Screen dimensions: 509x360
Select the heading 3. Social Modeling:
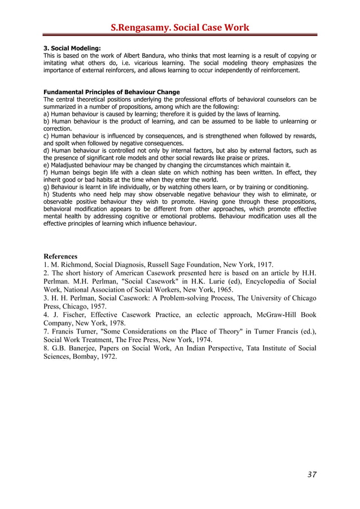point(72,49)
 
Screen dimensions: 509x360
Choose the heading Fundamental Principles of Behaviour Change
point(112,92)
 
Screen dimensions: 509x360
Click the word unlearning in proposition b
point(292,121)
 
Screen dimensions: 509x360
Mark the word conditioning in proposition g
point(291,187)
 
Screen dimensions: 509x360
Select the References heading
point(60,256)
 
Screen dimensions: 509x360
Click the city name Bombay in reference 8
point(86,358)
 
